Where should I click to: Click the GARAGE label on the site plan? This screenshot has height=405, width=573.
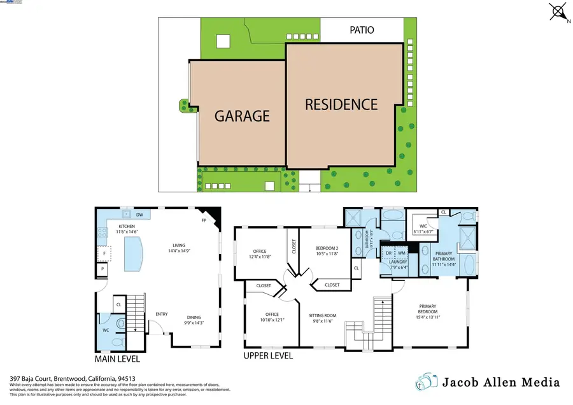tap(242, 116)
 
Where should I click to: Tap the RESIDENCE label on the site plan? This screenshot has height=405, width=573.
tap(341, 104)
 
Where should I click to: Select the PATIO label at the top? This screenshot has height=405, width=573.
tap(362, 29)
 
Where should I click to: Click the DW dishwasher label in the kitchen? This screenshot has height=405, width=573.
tap(139, 215)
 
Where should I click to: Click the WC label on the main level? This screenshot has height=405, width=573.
tap(106, 330)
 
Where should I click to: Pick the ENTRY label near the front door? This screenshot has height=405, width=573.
tap(161, 314)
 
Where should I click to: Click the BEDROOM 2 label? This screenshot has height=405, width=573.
tap(327, 251)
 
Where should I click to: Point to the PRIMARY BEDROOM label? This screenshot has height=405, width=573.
tap(427, 309)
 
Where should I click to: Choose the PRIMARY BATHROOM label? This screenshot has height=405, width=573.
tap(444, 257)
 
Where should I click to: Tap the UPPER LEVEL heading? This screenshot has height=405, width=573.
tap(268, 355)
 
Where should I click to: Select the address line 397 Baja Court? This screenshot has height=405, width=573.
tap(73, 378)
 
